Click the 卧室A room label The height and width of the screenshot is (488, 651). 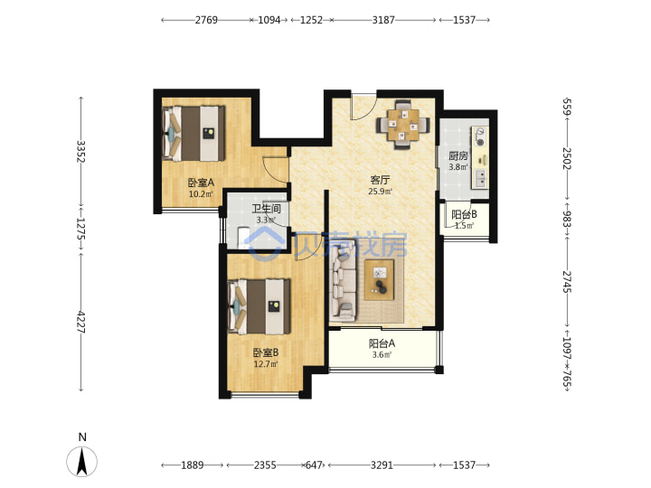tap(201, 183)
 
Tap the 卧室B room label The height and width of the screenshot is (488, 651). tap(266, 352)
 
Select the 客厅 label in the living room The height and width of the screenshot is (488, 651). tap(380, 180)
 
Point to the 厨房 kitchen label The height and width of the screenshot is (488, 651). tap(458, 156)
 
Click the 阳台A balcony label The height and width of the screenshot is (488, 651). tap(382, 343)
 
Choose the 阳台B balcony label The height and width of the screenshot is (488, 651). tap(464, 214)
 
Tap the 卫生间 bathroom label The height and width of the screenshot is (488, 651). tap(266, 209)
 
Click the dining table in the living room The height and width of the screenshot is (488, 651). tap(403, 125)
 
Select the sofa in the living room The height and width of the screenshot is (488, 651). tap(343, 280)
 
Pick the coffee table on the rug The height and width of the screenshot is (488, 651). tap(379, 279)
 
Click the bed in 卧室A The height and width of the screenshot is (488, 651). tap(193, 134)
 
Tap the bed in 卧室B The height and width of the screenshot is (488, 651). tap(259, 306)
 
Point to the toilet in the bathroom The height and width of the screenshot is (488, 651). tap(242, 238)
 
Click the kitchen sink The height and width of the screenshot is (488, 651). tap(481, 178)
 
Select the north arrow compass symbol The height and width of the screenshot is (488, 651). tap(82, 462)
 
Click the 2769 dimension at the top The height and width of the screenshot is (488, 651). tap(206, 20)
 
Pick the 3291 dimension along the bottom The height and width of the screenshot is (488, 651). tap(382, 465)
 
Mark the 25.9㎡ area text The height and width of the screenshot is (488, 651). tap(380, 192)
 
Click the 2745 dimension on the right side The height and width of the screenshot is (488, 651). tap(567, 282)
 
